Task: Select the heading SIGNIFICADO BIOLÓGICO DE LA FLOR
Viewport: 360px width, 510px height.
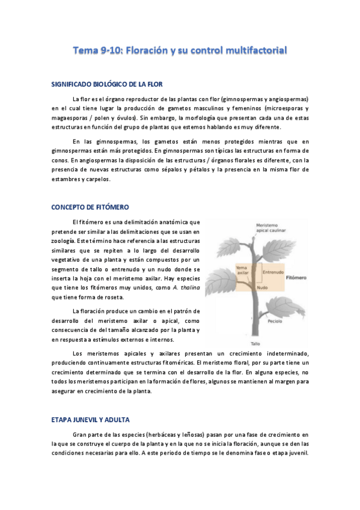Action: (x=106, y=84)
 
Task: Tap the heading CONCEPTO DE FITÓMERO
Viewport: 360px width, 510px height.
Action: (x=90, y=207)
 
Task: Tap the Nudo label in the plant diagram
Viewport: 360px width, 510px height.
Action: (x=263, y=288)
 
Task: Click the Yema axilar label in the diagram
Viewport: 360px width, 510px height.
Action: (x=243, y=270)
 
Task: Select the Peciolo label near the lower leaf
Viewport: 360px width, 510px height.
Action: (x=276, y=321)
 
